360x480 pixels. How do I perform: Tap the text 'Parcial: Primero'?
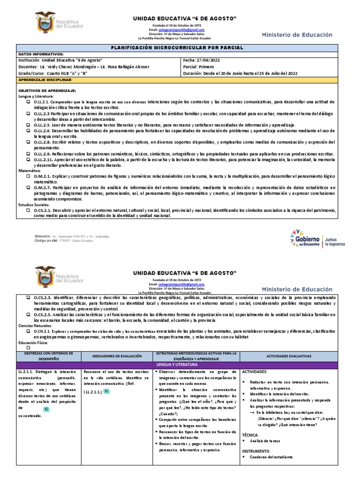coord(197,67)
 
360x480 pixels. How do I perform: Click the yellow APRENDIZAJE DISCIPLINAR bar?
coord(180,80)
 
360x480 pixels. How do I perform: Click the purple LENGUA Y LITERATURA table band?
coord(180,364)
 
